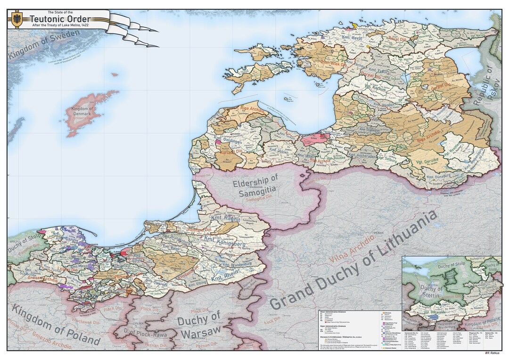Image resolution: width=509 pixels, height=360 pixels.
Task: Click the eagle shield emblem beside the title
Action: (x=17, y=19)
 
